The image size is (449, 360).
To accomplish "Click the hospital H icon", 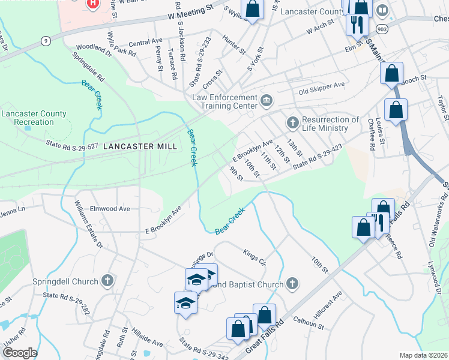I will [93, 4].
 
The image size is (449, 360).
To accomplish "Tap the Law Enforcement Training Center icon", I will [268, 99].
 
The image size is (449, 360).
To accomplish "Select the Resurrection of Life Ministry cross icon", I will [292, 122].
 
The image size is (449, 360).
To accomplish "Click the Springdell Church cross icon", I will [107, 280].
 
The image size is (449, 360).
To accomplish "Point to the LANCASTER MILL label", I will [140, 146].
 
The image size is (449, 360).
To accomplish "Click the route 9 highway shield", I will [46, 41].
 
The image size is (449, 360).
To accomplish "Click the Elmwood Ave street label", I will [110, 209].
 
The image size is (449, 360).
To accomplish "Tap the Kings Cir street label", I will [255, 255].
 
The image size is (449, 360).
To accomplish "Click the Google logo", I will [20, 353].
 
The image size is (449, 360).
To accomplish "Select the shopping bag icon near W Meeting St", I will [253, 9].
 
